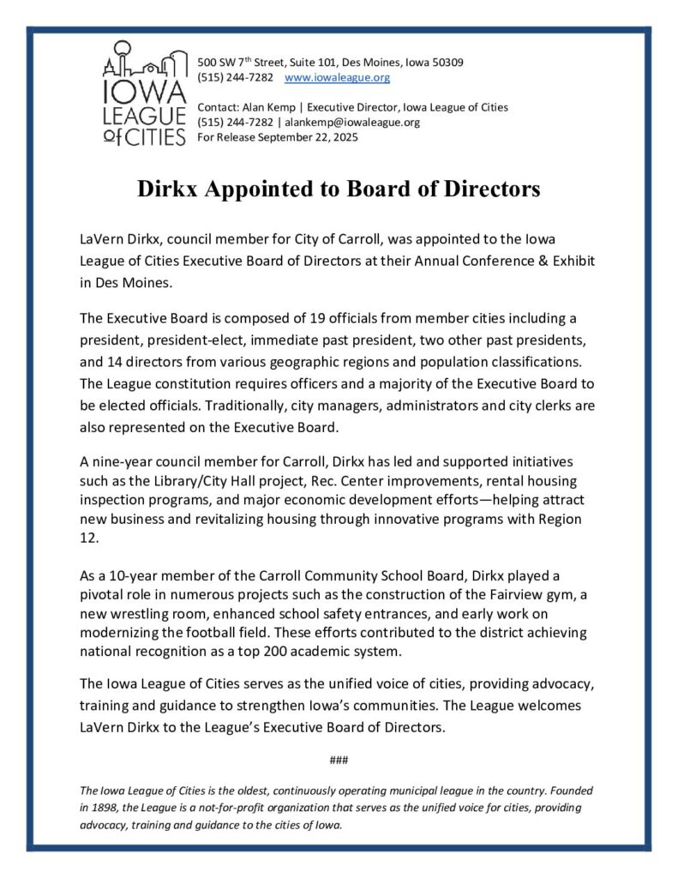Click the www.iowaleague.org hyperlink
point(337,78)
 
